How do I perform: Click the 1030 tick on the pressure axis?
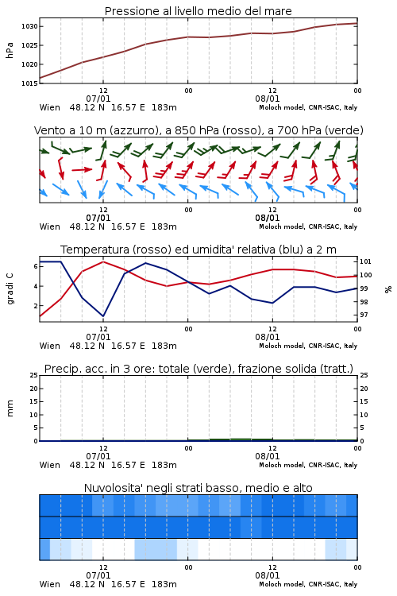(x=29, y=26)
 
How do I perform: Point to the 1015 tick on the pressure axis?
(x=29, y=83)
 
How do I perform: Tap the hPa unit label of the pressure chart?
(x=10, y=50)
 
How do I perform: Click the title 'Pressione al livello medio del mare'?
(x=198, y=11)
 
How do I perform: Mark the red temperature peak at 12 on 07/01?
(x=103, y=262)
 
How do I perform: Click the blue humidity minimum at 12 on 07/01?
(x=103, y=315)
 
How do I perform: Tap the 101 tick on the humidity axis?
(x=365, y=261)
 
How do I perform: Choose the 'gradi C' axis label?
(x=10, y=288)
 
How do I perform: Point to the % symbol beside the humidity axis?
(x=388, y=289)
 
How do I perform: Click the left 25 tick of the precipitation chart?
(x=34, y=375)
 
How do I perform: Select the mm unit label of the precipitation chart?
(x=10, y=408)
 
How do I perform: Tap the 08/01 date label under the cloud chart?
(x=268, y=575)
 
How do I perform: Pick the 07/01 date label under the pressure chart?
(x=98, y=99)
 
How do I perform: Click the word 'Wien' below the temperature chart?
(x=50, y=346)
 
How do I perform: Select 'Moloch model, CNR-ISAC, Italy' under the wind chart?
(x=308, y=226)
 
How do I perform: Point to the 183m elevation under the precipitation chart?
(x=164, y=465)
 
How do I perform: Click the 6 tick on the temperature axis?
(x=36, y=266)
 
